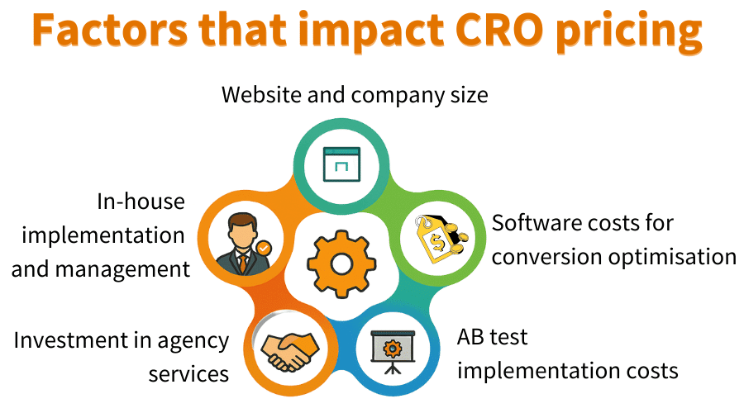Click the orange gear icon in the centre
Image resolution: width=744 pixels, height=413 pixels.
(x=341, y=263)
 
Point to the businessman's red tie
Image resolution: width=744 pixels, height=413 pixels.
(x=242, y=263)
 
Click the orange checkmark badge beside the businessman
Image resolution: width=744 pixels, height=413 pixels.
(x=263, y=246)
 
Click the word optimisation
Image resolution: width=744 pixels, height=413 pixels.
(x=672, y=257)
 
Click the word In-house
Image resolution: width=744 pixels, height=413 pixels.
(x=141, y=202)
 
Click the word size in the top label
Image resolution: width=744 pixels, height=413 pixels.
(x=467, y=95)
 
